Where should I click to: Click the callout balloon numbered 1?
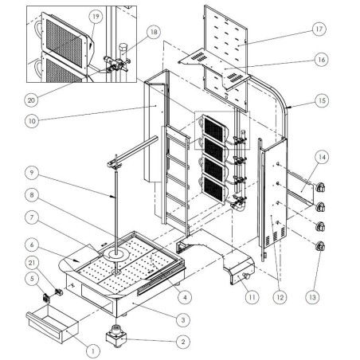(x=92, y=349)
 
